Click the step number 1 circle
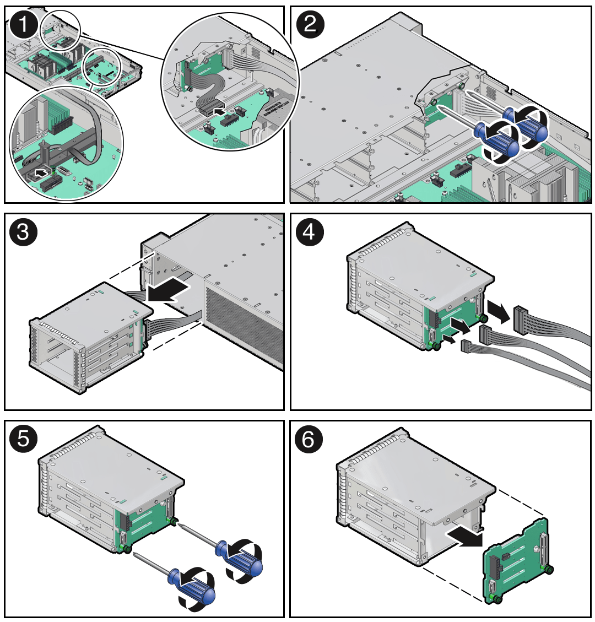[x=23, y=24]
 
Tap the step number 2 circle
[x=310, y=24]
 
